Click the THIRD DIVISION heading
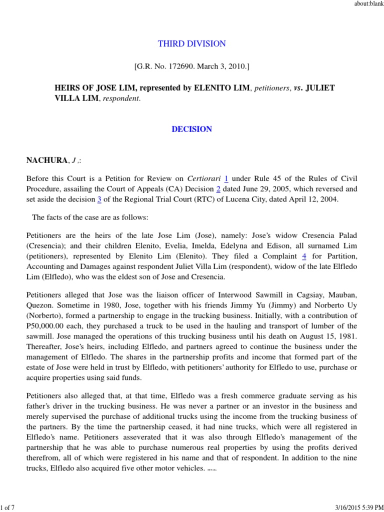pyautogui.click(x=191, y=44)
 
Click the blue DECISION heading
pyautogui.click(x=191, y=129)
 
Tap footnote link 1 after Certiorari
pyautogui.click(x=226, y=178)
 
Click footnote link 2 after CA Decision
pyautogui.click(x=217, y=188)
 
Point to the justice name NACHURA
pyautogui.click(x=47, y=160)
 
